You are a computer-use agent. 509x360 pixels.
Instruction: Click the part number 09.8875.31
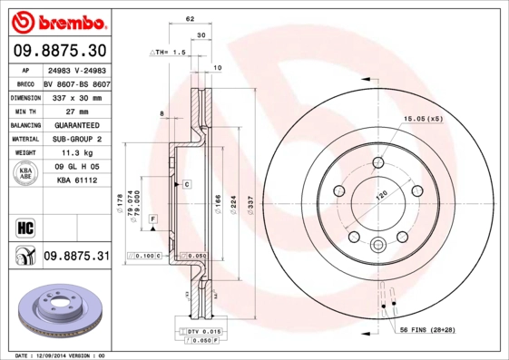(x=76, y=257)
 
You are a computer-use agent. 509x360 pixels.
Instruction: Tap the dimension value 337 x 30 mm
(x=76, y=96)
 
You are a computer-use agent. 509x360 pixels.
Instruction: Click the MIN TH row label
(x=24, y=111)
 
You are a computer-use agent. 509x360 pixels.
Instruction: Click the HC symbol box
(x=24, y=226)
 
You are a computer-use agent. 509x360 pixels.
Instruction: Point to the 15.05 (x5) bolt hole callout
(x=422, y=119)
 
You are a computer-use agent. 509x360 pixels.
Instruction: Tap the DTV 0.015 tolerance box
(x=199, y=333)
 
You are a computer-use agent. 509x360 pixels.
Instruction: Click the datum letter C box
(x=186, y=184)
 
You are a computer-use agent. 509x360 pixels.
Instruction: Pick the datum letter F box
(x=153, y=220)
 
